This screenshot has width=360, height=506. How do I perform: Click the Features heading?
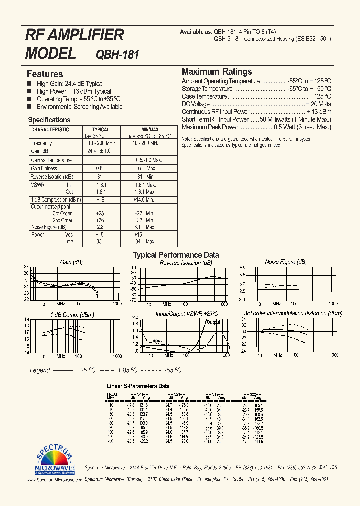(45, 74)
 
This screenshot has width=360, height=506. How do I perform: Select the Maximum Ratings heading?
(216, 72)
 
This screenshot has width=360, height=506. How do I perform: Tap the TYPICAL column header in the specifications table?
(100, 129)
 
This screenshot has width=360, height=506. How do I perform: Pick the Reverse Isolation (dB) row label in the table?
(52, 177)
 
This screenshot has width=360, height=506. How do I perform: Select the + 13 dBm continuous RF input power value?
(318, 112)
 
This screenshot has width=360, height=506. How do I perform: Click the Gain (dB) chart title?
(71, 262)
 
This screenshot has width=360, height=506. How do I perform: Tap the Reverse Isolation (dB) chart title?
(186, 263)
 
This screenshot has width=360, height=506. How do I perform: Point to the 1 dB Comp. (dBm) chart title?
(72, 315)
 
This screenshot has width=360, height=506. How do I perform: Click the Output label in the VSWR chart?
(213, 322)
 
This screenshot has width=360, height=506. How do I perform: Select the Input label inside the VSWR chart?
(156, 341)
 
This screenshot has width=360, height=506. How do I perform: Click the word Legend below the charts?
(40, 370)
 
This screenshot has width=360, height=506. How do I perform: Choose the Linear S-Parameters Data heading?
(138, 386)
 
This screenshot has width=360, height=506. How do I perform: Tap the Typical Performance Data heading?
(175, 255)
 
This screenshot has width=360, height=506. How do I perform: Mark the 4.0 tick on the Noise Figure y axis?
(243, 267)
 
